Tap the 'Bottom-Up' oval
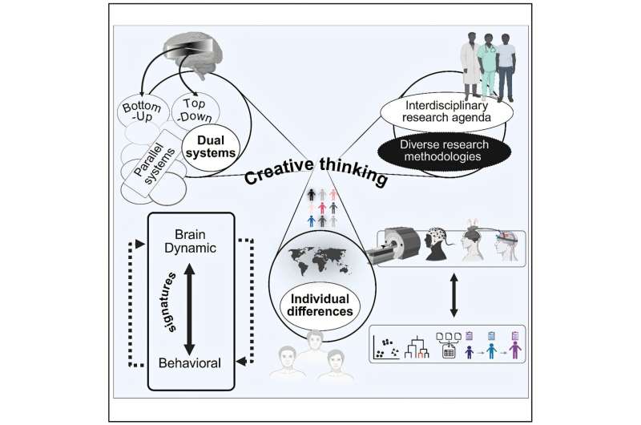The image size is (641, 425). click(x=141, y=113)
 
